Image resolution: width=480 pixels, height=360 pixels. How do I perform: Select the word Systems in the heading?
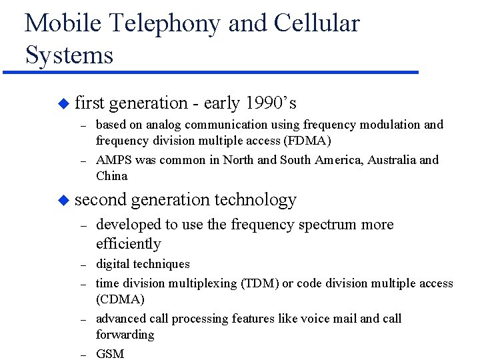[69, 55]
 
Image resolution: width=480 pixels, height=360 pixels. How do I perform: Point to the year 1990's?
[271, 103]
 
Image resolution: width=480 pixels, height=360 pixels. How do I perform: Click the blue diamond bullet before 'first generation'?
[63, 104]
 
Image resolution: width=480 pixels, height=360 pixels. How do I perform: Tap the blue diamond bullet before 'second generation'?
[63, 200]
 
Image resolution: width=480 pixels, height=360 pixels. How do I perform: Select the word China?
[111, 176]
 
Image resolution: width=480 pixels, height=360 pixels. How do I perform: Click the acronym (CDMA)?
[121, 299]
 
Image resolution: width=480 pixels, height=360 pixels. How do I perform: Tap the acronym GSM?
[110, 354]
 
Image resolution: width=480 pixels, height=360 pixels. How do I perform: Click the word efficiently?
[129, 244]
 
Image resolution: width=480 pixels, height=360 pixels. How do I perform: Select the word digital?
[113, 264]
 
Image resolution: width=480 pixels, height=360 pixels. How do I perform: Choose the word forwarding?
[125, 335]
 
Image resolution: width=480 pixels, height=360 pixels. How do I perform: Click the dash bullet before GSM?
[84, 355]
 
